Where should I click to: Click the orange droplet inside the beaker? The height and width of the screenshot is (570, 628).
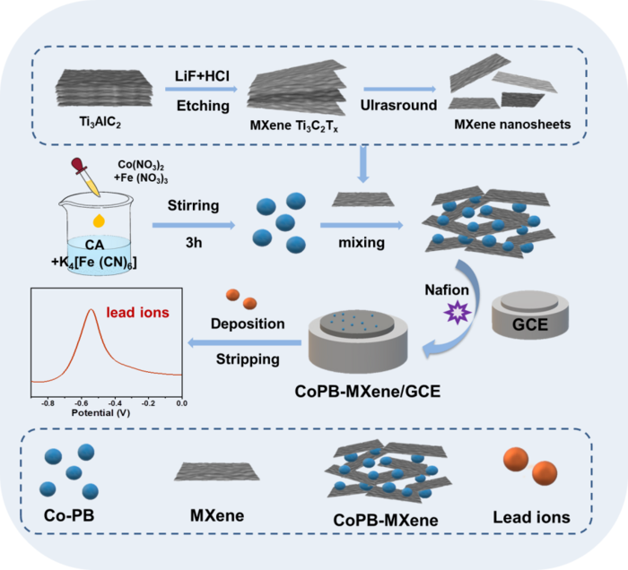tap(96, 220)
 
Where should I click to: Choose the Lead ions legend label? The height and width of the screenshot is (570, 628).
tap(531, 518)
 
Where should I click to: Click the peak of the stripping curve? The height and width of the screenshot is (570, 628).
tap(92, 310)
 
